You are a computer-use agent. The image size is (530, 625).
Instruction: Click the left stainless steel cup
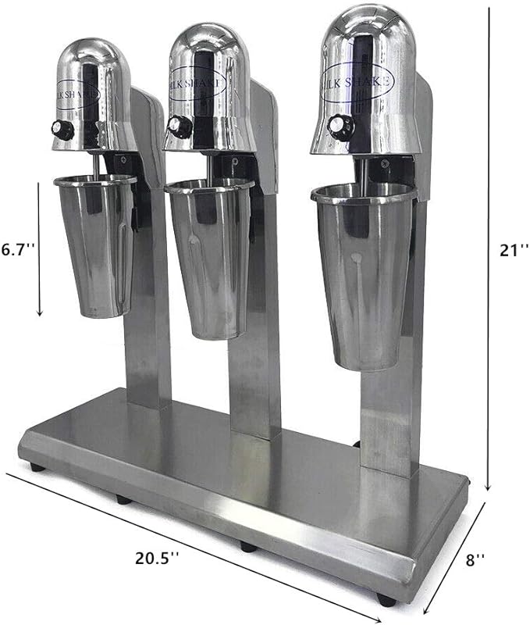pos(96,246)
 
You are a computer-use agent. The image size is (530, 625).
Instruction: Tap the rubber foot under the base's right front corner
pos(384,600)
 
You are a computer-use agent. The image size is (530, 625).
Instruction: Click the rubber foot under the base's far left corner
pos(36,467)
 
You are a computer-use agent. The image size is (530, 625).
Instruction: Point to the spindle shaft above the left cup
pos(95,165)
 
